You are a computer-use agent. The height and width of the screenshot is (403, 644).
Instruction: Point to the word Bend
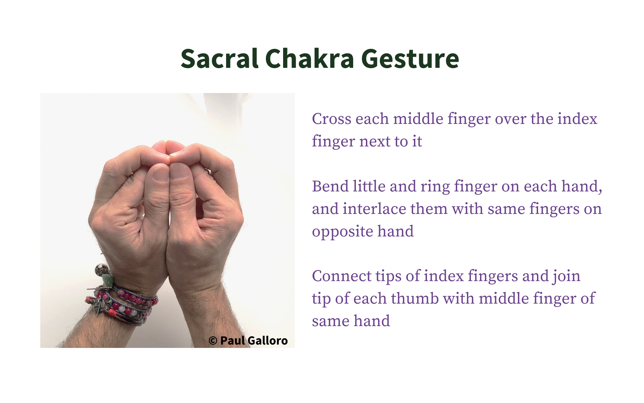pyautogui.click(x=330, y=186)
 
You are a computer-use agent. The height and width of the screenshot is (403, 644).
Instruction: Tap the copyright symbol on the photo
pyautogui.click(x=213, y=341)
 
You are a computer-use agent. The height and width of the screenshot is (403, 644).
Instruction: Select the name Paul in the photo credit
pyautogui.click(x=232, y=341)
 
